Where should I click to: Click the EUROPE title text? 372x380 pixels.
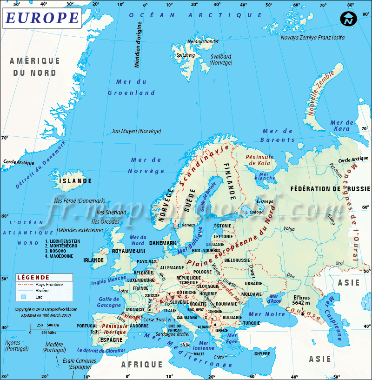42,18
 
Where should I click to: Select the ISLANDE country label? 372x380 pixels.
75,181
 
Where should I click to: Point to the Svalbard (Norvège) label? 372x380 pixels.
221,60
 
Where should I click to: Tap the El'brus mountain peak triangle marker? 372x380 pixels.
303,313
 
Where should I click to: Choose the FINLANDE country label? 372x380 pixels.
229,181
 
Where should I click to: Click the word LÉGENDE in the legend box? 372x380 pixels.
33,277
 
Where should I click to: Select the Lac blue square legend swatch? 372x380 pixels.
22,296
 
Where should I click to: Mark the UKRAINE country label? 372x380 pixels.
253,283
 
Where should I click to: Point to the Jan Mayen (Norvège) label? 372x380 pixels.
136,131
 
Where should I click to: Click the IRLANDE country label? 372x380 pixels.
93,260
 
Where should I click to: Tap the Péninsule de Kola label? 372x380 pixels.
259,160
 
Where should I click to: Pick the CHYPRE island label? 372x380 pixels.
262,354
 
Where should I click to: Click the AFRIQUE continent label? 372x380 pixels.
142,365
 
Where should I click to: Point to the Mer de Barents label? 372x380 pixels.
278,135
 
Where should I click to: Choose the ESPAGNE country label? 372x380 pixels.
111,340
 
